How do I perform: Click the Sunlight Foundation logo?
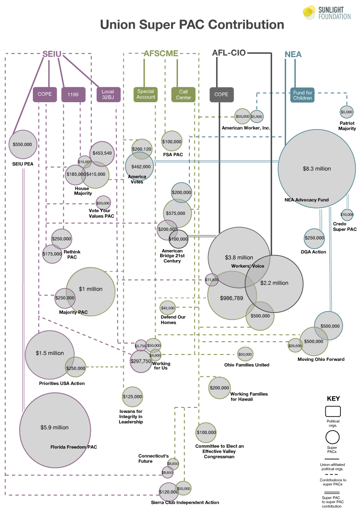click(x=326, y=12)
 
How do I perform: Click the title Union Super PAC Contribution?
click(x=192, y=25)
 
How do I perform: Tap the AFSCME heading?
click(x=161, y=53)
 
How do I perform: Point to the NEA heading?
click(x=293, y=55)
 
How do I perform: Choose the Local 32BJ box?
click(x=108, y=94)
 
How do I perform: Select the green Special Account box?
click(x=146, y=94)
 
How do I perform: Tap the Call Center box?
click(x=183, y=94)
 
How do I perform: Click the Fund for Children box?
click(x=303, y=95)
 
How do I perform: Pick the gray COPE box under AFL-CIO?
click(x=221, y=94)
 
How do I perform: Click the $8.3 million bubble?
click(x=317, y=168)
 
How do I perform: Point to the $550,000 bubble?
click(x=23, y=144)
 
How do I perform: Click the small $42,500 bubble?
click(x=167, y=308)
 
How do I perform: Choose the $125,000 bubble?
click(x=132, y=396)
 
